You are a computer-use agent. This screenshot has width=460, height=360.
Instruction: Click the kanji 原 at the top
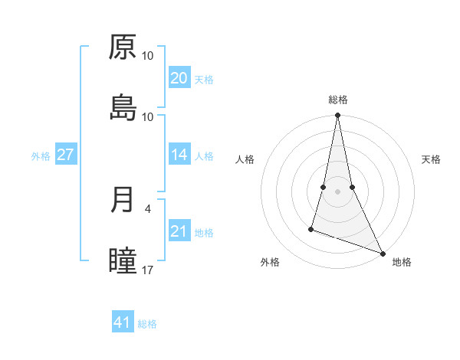pos(123,47)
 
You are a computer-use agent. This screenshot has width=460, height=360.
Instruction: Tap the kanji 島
pos(123,108)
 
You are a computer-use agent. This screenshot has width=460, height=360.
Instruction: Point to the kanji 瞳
pos(123,261)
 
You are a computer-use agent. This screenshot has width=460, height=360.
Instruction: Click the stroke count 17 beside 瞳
pos(148,270)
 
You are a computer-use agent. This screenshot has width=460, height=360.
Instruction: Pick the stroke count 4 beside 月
pos(147,208)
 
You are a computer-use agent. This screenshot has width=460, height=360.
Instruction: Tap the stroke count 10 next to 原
pos(148,56)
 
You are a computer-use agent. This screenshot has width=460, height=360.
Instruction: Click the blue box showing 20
pos(179,78)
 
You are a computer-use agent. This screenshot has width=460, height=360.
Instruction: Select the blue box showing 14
pos(179,155)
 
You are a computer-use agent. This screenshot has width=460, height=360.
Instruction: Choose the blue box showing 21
pos(179,231)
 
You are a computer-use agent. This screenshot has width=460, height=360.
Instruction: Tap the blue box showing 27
pos(65,155)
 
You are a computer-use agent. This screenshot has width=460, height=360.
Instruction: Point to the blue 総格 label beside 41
pos(147,324)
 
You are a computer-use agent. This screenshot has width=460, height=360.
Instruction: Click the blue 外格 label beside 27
pos(41,156)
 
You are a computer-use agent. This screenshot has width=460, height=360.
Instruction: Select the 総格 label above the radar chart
pos(338,100)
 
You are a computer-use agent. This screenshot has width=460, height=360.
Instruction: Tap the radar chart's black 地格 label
pos(402,262)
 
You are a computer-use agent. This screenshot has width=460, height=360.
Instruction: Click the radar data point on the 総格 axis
pos(338,116)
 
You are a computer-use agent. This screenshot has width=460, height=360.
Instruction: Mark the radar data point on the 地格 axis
pos(382,254)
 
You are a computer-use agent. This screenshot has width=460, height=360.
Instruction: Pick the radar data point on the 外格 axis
pos(311,228)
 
